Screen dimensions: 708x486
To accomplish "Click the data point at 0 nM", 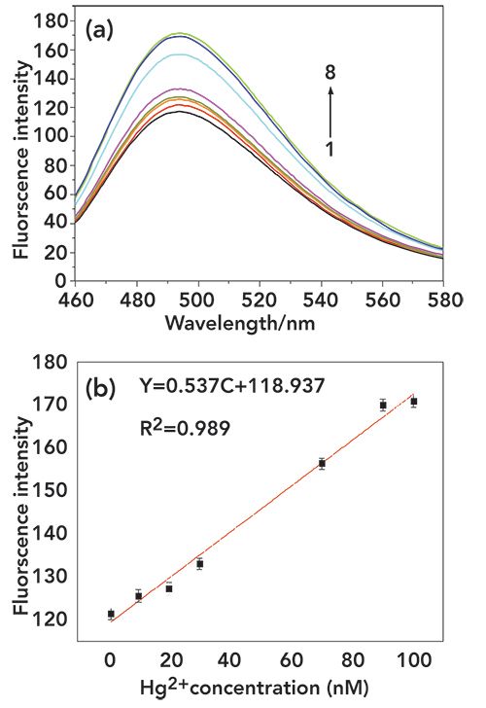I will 111,614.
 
